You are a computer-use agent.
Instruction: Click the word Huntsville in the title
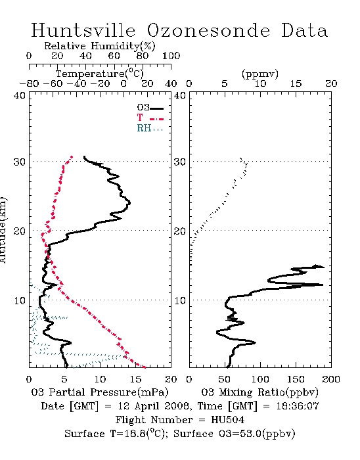click(83, 30)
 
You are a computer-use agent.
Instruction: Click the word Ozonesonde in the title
click(208, 30)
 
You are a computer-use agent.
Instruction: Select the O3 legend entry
click(150, 108)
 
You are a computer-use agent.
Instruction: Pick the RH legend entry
click(150, 128)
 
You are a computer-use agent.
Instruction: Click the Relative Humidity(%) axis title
click(100, 46)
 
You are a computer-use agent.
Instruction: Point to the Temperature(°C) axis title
click(100, 74)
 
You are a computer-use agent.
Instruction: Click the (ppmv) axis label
click(260, 74)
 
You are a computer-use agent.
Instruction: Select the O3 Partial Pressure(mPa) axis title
click(100, 392)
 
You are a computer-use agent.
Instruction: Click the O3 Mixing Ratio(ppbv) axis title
click(259, 392)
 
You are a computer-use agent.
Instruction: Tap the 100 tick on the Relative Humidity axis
click(171, 56)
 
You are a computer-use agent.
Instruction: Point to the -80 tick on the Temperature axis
click(29, 84)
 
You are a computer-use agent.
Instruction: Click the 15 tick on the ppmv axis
click(296, 84)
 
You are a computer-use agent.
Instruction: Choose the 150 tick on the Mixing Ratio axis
click(296, 379)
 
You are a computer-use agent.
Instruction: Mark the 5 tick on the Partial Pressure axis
click(64, 379)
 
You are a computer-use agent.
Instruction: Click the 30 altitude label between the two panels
click(180, 162)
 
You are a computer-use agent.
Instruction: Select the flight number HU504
click(228, 420)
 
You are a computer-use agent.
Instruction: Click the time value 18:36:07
click(298, 406)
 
